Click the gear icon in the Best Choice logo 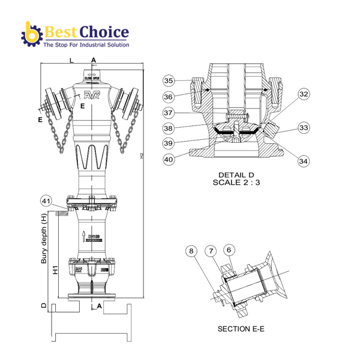point(31,34)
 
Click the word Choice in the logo point(107,31)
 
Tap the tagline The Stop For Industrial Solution point(86,44)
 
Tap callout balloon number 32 point(304,94)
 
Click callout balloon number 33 point(304,128)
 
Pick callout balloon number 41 point(46,200)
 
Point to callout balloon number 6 point(229,250)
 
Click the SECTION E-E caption point(241,329)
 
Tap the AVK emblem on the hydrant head point(92,95)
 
